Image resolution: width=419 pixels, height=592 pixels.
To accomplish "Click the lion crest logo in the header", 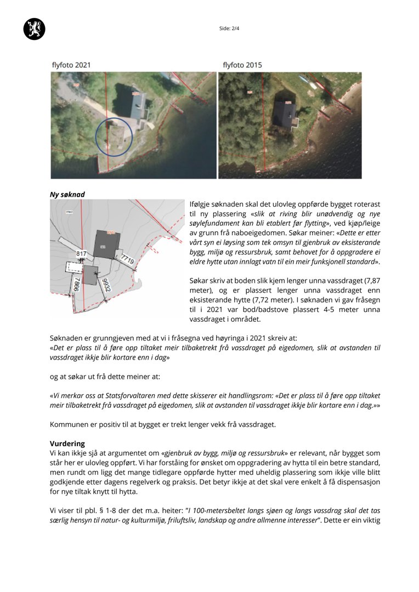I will pos(34,29).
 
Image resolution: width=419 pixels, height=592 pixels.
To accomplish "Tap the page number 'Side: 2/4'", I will pos(229,29).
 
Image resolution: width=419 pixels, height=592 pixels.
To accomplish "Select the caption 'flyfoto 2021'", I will pos(71,65).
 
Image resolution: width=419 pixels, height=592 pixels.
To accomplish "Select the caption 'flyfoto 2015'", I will pos(242,65).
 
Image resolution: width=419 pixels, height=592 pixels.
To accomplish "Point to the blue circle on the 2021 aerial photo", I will pos(114,136).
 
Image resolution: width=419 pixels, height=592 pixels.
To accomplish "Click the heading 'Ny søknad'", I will pos(67,194).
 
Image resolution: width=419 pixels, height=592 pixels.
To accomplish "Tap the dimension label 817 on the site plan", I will pos(82,254).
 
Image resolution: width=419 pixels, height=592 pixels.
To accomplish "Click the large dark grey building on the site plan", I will pos(106,244).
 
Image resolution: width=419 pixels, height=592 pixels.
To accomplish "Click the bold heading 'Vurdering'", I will pos(67,443).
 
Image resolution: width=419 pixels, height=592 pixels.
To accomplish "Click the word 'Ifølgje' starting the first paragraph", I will pos(201,204).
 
